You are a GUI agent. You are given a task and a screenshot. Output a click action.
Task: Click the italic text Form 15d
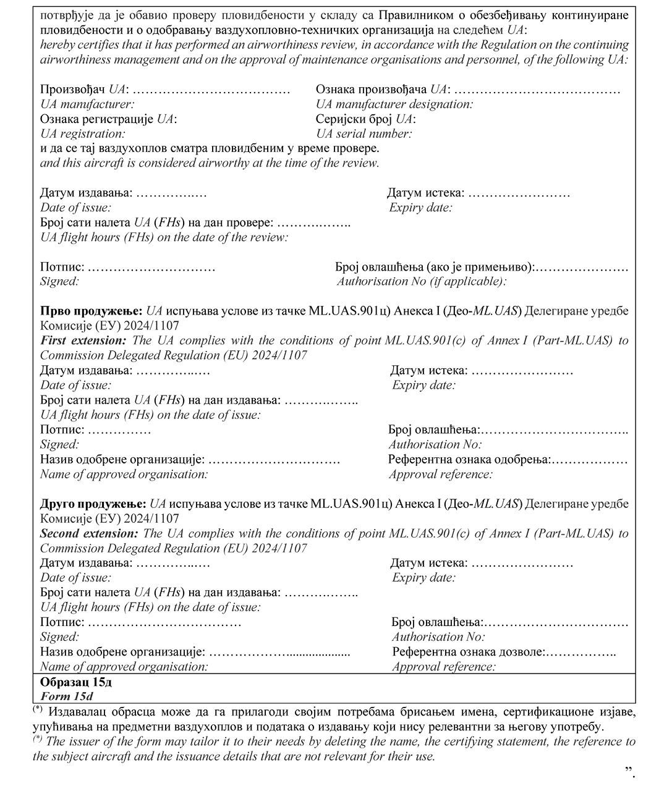66,696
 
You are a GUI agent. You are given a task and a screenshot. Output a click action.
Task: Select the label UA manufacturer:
87,104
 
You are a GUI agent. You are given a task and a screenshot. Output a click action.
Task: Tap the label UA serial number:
364,134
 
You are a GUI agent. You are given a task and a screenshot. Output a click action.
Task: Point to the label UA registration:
83,134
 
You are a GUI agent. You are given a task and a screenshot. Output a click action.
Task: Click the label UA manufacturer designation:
394,104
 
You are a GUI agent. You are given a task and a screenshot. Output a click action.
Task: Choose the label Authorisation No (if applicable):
422,282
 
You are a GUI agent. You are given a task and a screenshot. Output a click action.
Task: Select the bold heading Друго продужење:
93,504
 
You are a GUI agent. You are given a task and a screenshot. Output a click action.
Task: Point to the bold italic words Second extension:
89,533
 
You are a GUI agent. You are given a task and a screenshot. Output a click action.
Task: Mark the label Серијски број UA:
365,119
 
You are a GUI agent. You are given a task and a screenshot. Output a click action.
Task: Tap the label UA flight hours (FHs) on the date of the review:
164,237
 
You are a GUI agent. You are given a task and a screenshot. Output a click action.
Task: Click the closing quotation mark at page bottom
629,770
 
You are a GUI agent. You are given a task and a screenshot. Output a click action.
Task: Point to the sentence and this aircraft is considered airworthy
210,164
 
